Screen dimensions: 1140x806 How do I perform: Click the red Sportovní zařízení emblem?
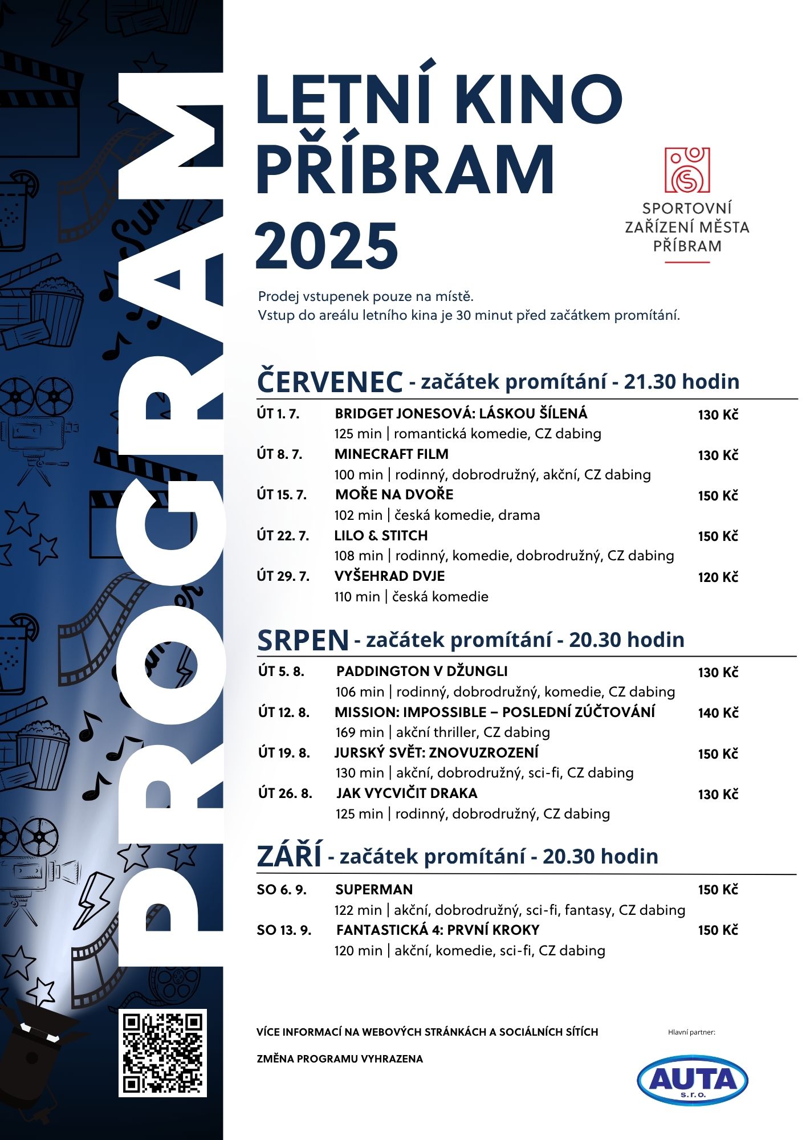click(687, 170)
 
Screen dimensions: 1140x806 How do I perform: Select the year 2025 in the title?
click(327, 246)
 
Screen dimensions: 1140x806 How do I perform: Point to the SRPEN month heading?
click(303, 640)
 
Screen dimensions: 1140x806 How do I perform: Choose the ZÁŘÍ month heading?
click(290, 857)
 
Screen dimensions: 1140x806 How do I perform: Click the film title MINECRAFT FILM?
click(392, 454)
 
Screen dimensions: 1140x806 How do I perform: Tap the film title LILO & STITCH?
click(381, 536)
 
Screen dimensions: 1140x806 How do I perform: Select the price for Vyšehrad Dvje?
click(718, 577)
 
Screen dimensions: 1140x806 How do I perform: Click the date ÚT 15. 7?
click(282, 495)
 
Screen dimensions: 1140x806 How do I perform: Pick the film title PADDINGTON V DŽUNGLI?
click(422, 671)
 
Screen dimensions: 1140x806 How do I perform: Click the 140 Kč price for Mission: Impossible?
click(718, 713)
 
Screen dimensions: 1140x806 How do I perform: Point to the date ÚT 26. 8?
click(285, 793)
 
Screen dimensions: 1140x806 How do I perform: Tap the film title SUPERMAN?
click(374, 890)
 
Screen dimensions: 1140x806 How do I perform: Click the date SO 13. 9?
click(284, 930)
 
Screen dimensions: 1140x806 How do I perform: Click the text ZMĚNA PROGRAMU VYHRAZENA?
click(340, 1059)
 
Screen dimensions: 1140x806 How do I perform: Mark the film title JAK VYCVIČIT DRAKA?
click(406, 793)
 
